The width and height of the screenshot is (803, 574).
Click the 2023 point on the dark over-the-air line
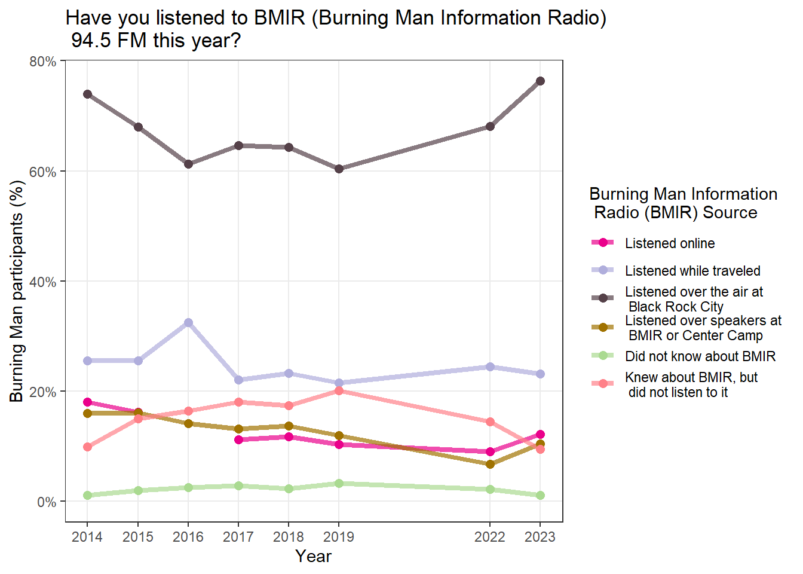pos(540,81)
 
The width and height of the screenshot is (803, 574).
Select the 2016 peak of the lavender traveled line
pos(188,322)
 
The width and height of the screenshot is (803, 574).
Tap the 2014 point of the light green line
pos(87,496)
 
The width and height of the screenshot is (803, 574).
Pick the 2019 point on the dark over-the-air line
pos(339,169)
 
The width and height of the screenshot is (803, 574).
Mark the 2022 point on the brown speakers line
pos(490,464)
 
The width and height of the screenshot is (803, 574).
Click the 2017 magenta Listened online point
pos(239,440)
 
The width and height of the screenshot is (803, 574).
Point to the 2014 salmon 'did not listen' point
pos(87,447)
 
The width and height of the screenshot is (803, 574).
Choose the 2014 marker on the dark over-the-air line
pos(87,94)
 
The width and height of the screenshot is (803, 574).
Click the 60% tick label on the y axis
pos(42,172)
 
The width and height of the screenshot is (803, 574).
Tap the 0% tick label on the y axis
pos(47,502)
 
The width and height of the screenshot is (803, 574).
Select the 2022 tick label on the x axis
pos(490,537)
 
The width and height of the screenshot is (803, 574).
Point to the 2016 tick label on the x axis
pos(188,537)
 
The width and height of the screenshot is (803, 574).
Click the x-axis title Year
pos(313,557)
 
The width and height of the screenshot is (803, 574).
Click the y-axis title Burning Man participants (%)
pos(17,291)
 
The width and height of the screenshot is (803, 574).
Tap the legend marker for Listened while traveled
pos(603,270)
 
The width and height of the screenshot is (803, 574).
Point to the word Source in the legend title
pos(730,212)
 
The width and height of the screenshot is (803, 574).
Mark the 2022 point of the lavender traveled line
pos(490,367)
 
